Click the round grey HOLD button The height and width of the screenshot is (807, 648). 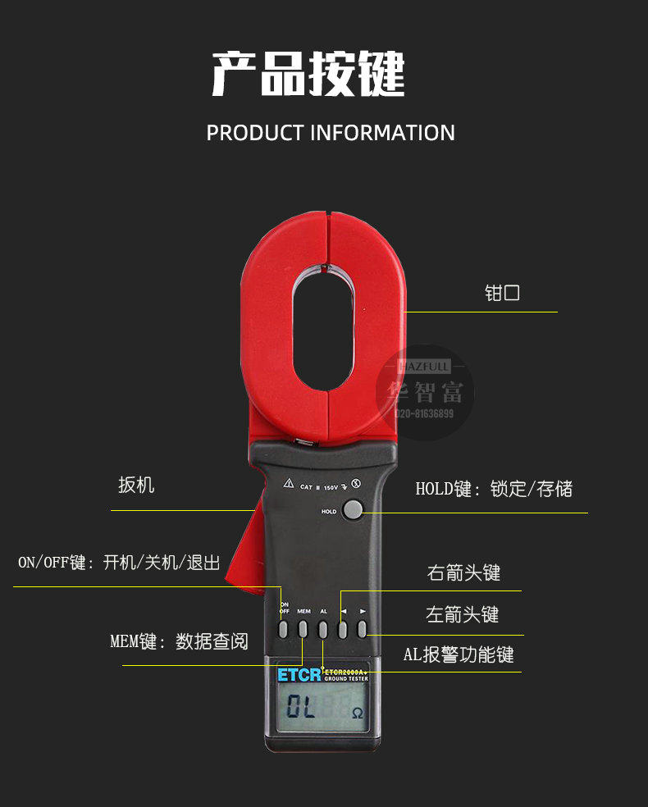click(x=353, y=509)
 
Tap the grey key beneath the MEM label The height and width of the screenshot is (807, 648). click(x=303, y=629)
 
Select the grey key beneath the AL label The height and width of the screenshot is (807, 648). click(x=323, y=629)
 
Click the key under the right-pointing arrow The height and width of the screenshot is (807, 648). click(x=361, y=629)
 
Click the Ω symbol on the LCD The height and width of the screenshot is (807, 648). click(x=358, y=712)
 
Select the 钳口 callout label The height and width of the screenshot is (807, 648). click(x=502, y=294)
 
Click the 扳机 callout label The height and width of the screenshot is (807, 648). click(x=136, y=486)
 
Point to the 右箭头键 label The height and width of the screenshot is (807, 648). click(x=463, y=572)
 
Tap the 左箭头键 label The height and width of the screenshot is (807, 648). click(x=463, y=614)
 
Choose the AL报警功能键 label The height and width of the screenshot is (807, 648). click(x=459, y=654)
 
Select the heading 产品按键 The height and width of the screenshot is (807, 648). click(x=308, y=75)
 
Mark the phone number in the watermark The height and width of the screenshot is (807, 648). click(x=425, y=414)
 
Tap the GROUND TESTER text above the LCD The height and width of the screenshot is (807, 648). click(x=345, y=680)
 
